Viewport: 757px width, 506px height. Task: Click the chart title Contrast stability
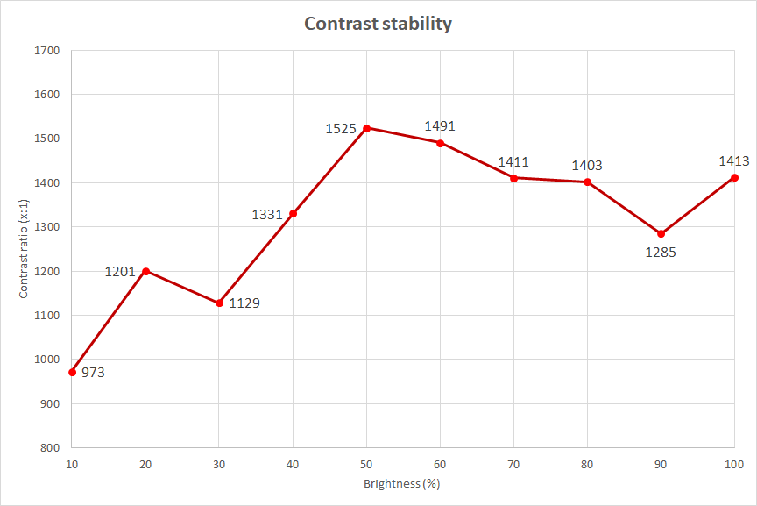click(378, 24)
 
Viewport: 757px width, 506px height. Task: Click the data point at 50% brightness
click(367, 128)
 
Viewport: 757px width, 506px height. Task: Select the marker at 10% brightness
click(73, 372)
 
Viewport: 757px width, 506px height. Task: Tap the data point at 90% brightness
click(661, 234)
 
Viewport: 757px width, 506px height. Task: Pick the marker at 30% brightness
click(220, 303)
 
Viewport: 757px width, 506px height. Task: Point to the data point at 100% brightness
click(734, 177)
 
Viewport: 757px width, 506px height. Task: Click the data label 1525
click(341, 129)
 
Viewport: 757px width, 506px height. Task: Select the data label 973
click(93, 373)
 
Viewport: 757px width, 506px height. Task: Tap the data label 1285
click(661, 253)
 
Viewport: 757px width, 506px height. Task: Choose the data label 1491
click(440, 126)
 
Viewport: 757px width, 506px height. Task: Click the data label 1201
click(120, 272)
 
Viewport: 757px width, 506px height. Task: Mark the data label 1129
click(244, 303)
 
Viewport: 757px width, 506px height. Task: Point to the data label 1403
click(587, 166)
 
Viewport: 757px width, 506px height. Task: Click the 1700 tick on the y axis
click(47, 51)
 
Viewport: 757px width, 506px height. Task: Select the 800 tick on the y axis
click(50, 448)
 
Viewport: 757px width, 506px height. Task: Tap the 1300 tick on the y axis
click(47, 227)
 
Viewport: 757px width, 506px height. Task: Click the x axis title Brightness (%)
click(402, 483)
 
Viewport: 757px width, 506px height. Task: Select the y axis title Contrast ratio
click(24, 249)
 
